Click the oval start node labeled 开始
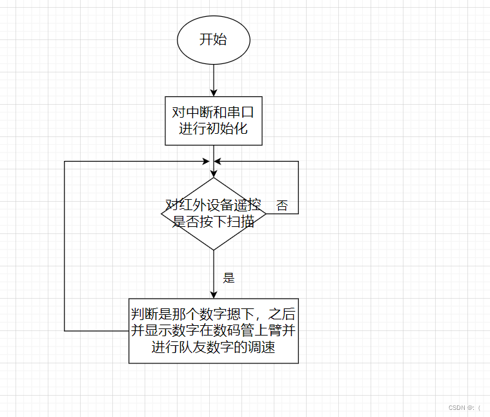213,39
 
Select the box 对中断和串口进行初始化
213,121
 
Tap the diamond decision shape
213,214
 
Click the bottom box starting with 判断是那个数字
214,330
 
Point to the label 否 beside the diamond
282,206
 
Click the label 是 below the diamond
229,278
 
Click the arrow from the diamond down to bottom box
213,274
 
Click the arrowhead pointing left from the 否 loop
218,161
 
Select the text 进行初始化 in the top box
213,129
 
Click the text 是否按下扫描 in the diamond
213,222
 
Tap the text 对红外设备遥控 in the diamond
213,206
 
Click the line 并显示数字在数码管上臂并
214,330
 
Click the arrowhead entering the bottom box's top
213,294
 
